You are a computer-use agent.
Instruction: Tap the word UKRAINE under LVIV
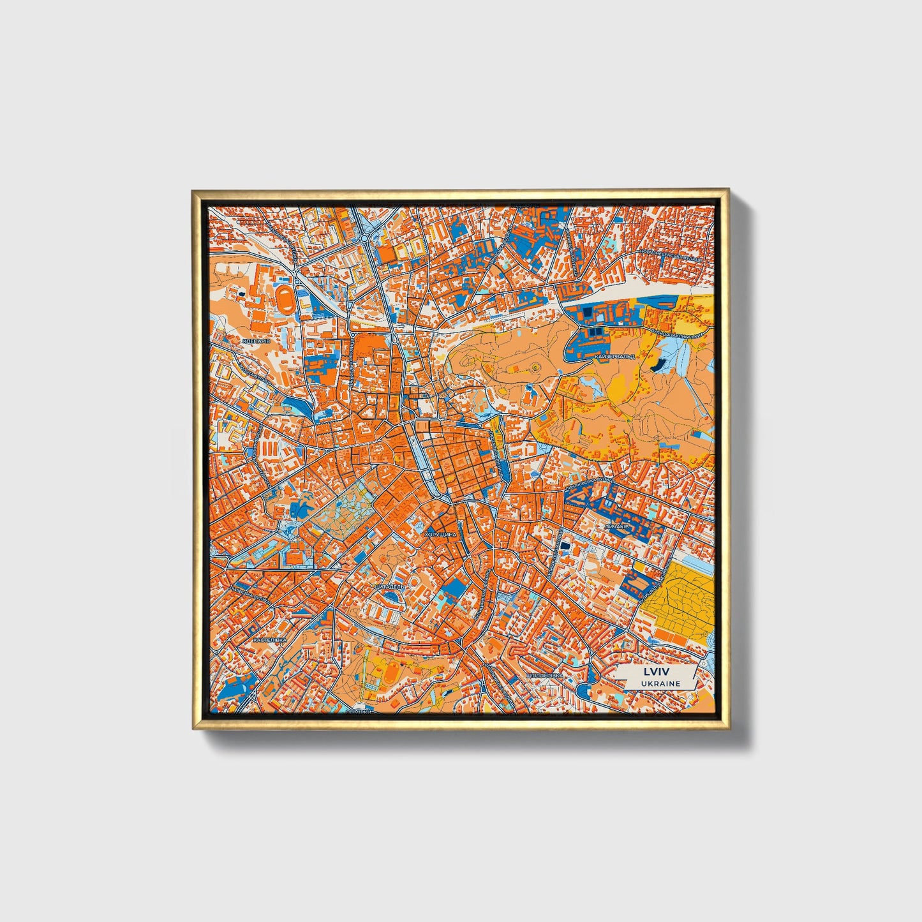tap(653, 683)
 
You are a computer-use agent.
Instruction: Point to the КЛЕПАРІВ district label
tap(256, 341)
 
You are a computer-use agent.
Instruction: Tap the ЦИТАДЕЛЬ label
tap(389, 584)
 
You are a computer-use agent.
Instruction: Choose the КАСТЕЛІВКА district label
tap(270, 639)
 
